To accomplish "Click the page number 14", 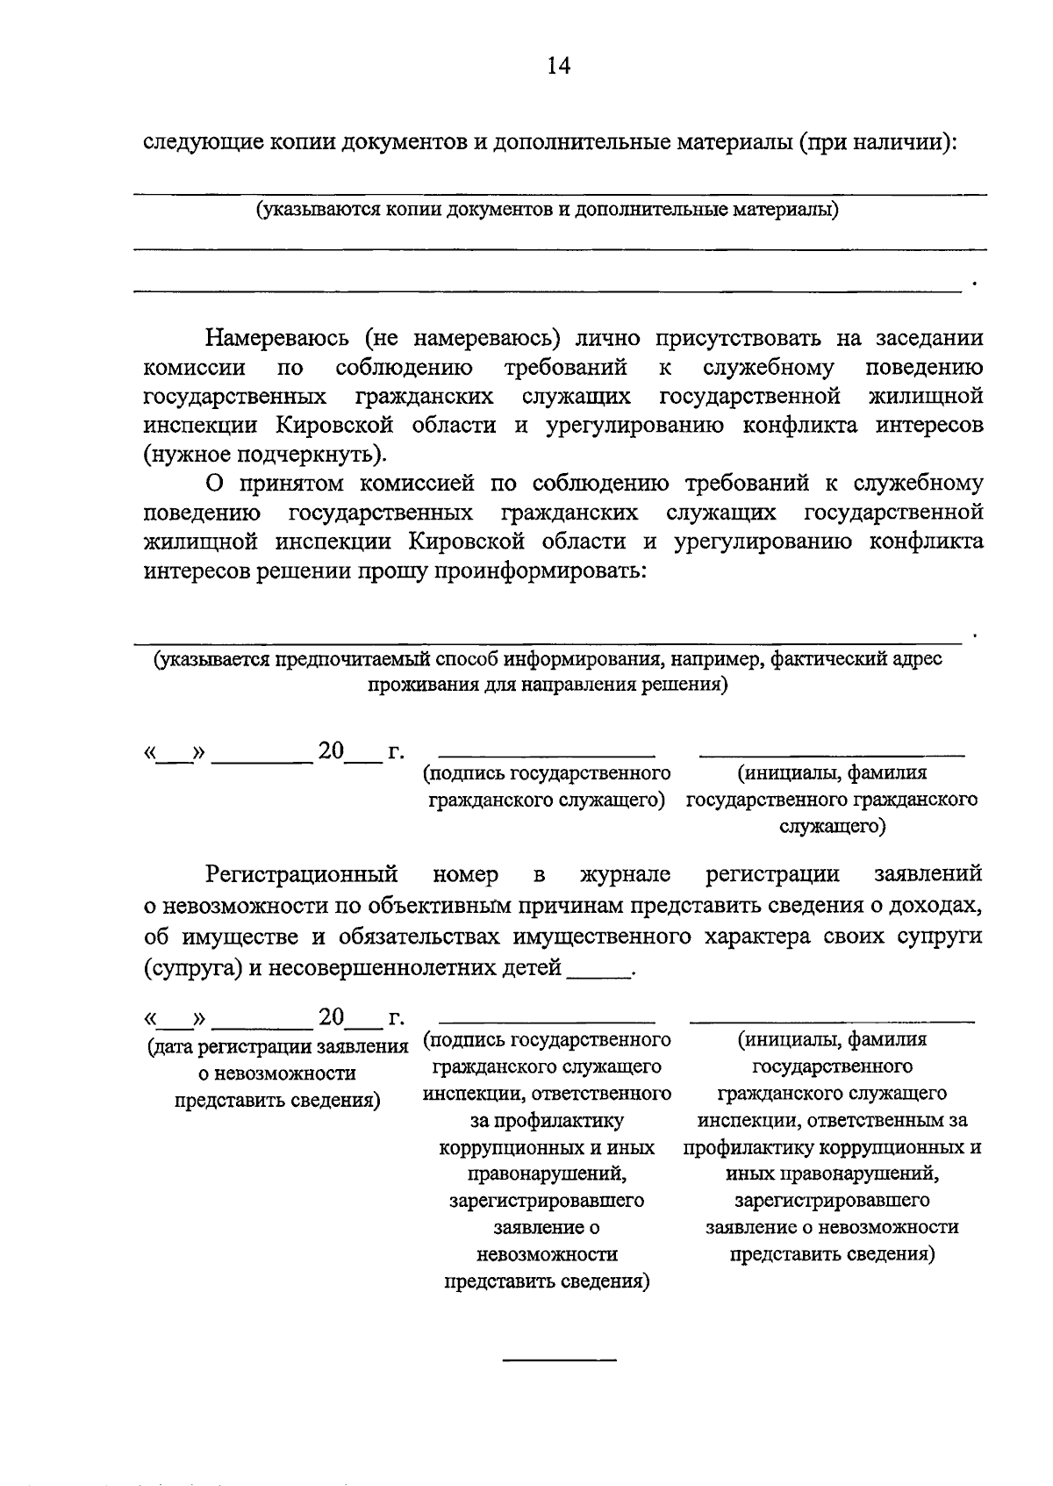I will coord(558,66).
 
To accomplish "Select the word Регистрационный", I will coord(302,874).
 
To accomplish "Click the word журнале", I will coord(625,874).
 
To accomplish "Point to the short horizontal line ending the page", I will coord(559,1360).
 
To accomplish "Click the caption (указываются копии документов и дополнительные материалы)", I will coord(547,210).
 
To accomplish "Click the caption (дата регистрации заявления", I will coord(277,1046).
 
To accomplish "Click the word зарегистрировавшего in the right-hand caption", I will coord(832,1200).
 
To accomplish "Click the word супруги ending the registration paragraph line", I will coord(939,937).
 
